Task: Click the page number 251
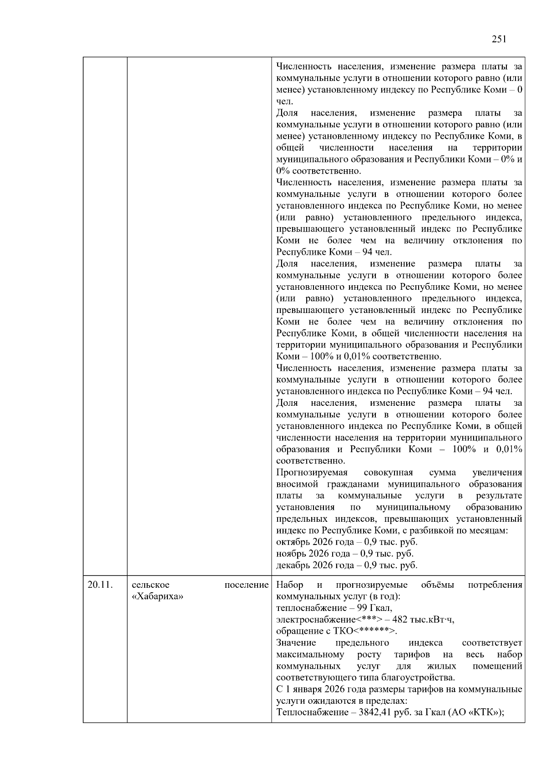tap(499, 39)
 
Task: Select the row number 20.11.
tap(100, 585)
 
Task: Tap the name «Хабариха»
tap(157, 596)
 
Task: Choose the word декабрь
tap(293, 565)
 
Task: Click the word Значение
tap(296, 643)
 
